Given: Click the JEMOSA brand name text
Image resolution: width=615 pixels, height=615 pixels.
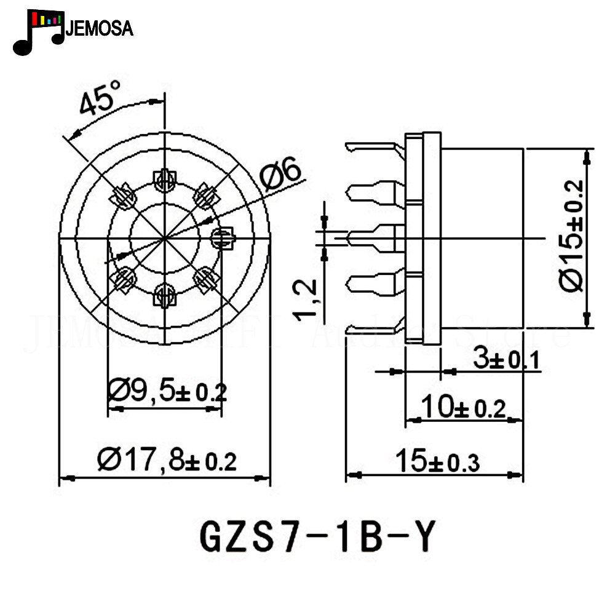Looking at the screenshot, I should click(98, 28).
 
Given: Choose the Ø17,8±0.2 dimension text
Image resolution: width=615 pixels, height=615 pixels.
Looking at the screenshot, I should click(167, 459).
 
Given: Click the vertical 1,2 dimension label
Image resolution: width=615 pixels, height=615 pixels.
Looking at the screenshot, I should click(306, 300).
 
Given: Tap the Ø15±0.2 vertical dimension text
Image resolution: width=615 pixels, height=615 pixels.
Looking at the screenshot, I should click(572, 236).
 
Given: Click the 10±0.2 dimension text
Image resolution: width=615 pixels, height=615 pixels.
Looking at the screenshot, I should click(462, 407).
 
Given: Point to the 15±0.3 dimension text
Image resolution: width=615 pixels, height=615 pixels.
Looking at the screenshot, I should click(437, 461).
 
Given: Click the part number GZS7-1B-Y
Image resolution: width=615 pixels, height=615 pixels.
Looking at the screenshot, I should click(317, 536).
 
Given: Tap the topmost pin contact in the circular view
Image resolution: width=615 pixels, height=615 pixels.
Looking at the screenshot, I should click(164, 180).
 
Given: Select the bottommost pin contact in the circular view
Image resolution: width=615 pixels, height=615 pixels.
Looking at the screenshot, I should click(164, 293).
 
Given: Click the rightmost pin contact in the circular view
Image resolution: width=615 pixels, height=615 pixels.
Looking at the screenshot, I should click(222, 237).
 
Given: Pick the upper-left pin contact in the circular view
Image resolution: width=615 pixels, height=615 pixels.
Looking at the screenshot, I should click(123, 197).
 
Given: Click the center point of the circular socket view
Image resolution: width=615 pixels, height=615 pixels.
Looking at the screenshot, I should click(164, 237).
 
